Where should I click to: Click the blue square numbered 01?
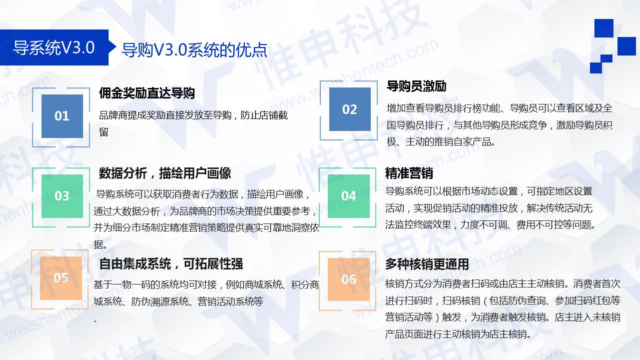[x=62, y=116]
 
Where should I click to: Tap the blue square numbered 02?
[x=349, y=109]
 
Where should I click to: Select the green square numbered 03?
[x=62, y=195]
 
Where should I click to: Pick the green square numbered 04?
[x=348, y=195]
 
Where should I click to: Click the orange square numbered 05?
[x=61, y=278]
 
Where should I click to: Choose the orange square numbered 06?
[x=348, y=279]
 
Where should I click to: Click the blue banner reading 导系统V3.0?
[x=54, y=48]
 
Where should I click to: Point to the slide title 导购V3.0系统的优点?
[x=194, y=50]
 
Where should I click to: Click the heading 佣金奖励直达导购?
[x=147, y=93]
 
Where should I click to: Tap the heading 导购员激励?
[x=416, y=86]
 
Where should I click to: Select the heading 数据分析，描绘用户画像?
[x=165, y=173]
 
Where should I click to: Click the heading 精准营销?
[x=409, y=173]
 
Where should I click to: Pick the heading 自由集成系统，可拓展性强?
[x=171, y=264]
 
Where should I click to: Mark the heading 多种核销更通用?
[x=427, y=264]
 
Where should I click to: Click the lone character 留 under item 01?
[x=104, y=132]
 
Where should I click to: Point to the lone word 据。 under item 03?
[x=101, y=245]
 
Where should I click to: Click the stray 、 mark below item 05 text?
[x=96, y=320]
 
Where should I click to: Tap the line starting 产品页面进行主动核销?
[x=458, y=334]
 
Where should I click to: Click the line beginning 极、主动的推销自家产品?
[x=441, y=142]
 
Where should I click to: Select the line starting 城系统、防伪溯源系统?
[x=178, y=302]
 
